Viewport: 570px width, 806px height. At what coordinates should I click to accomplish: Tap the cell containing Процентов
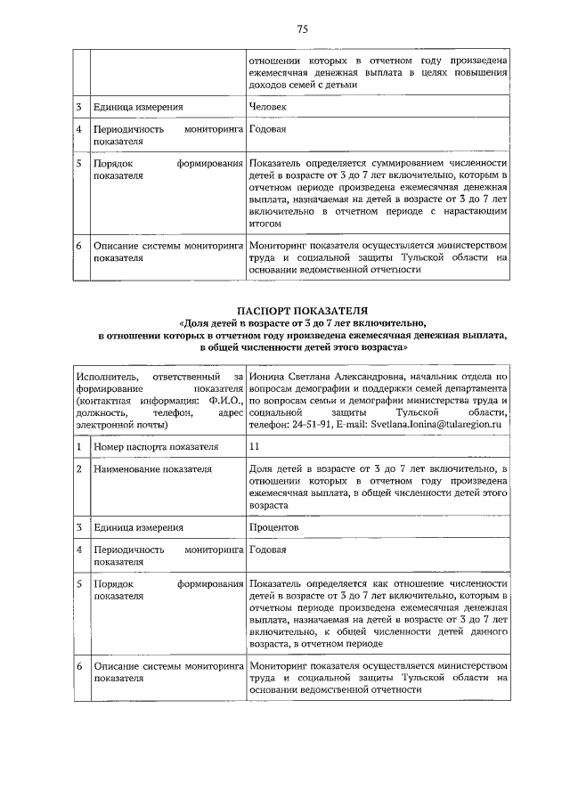(274, 527)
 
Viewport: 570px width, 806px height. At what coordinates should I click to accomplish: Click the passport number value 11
(256, 446)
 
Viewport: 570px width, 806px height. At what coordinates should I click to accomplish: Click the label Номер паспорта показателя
(155, 446)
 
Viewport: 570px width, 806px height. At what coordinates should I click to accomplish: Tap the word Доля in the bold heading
(197, 322)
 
